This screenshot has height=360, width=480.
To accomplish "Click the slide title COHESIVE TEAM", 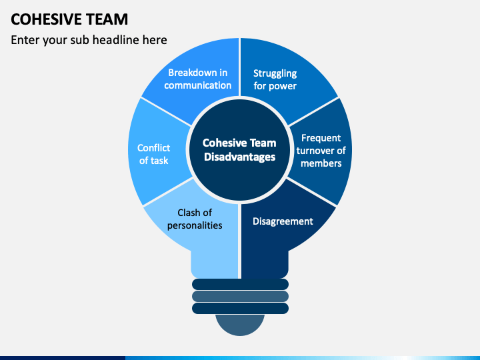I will pyautogui.click(x=69, y=19).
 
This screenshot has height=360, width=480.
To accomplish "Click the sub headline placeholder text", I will pyautogui.click(x=89, y=40).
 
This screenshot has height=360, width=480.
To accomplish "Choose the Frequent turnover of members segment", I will pyautogui.click(x=321, y=151).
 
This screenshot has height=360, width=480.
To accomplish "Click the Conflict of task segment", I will pyautogui.click(x=154, y=154).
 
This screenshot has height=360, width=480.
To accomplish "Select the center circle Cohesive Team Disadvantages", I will pyautogui.click(x=239, y=150).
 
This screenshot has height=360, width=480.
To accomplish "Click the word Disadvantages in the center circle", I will pyautogui.click(x=239, y=157).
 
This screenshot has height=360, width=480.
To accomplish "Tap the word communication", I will pyautogui.click(x=197, y=85).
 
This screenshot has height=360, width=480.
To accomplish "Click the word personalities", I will pyautogui.click(x=195, y=225).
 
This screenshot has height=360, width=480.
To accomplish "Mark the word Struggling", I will pyautogui.click(x=275, y=73).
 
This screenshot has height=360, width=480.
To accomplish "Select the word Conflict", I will pyautogui.click(x=154, y=148).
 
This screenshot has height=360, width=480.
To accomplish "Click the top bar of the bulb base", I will pyautogui.click(x=240, y=284).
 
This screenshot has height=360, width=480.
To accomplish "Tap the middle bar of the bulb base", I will pyautogui.click(x=240, y=296).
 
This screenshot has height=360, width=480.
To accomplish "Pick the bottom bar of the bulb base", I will pyautogui.click(x=240, y=308).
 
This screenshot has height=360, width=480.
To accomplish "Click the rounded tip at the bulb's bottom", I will pyautogui.click(x=240, y=324).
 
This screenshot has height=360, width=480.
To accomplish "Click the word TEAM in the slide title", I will pyautogui.click(x=107, y=19).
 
